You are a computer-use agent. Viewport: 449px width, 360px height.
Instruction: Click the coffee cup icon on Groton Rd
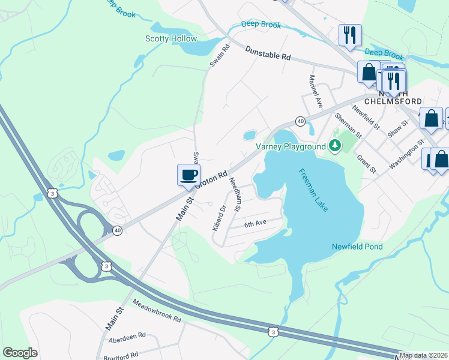189,175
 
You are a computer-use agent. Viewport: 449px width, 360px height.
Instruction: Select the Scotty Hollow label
171,39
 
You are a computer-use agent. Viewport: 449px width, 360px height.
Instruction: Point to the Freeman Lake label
314,189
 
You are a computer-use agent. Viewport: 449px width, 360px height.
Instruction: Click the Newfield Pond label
357,247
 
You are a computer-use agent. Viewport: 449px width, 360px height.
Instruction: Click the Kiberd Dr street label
218,218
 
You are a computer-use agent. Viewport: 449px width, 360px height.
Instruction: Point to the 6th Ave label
255,223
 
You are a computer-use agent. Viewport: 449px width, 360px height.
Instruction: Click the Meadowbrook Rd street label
157,311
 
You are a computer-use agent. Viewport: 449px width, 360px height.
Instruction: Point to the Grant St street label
366,163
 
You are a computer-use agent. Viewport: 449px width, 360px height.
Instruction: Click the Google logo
20,353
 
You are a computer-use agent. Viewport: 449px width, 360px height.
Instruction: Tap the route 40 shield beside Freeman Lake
301,121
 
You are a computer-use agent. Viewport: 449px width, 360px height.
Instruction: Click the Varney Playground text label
291,146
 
